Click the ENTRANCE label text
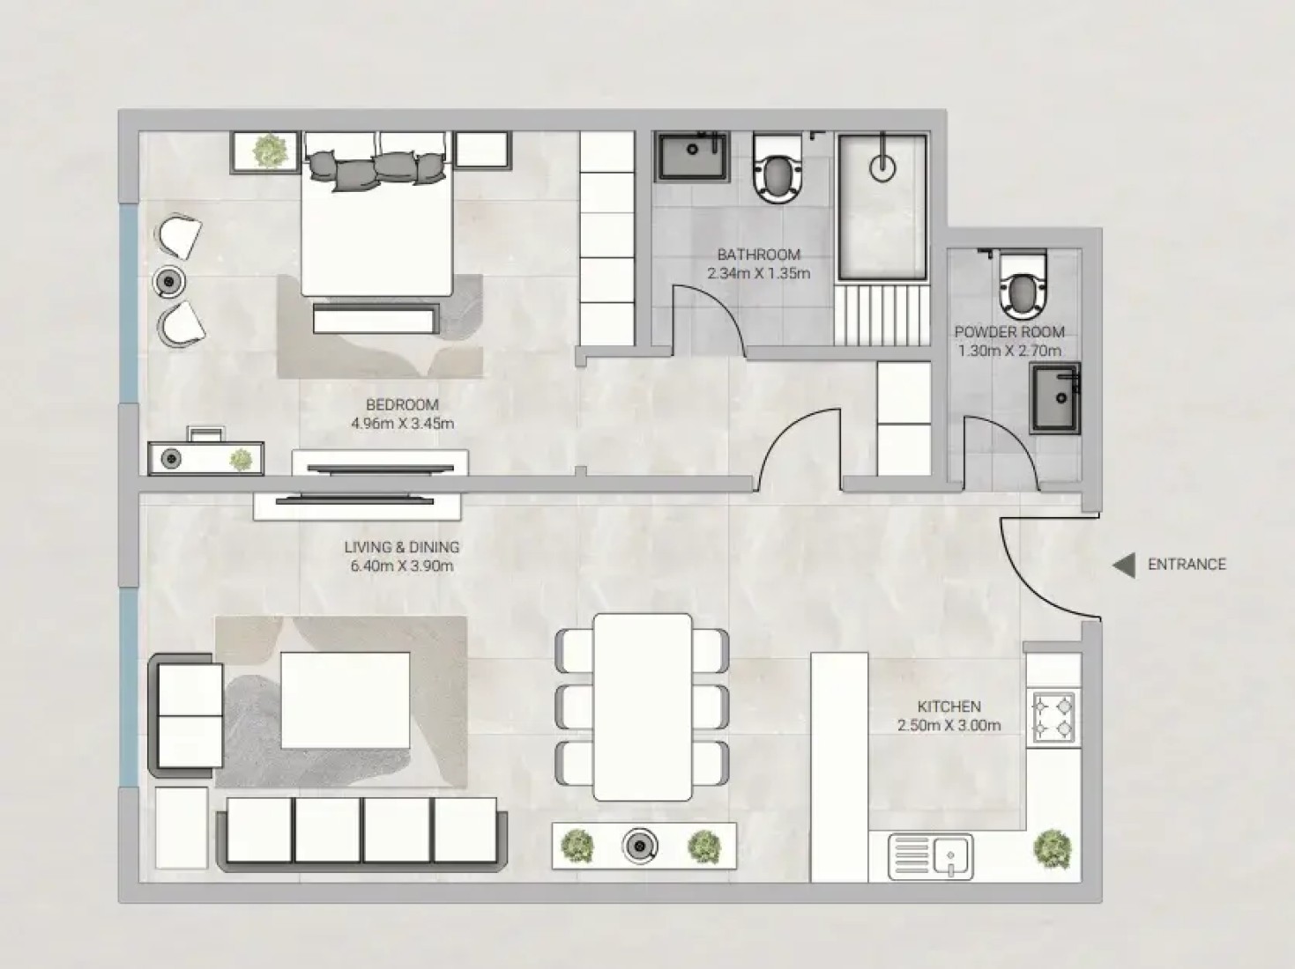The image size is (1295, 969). pos(1187,565)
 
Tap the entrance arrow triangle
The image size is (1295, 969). pos(1124,566)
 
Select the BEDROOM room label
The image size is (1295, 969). pos(402,405)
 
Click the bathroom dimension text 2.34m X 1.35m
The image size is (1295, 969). pos(759,273)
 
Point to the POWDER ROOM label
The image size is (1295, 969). pos(1009,332)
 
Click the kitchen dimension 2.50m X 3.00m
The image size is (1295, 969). pos(949,726)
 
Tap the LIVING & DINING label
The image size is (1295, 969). pos(402,547)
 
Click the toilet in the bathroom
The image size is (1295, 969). pos(778,168)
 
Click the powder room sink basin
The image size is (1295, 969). pos(1055,398)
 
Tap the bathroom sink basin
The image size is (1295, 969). pos(691,157)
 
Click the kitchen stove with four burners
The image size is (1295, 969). pos(1053,717)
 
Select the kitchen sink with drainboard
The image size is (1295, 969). pos(930,856)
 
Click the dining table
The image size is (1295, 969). pos(643,706)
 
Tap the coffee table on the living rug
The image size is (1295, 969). pos(346,700)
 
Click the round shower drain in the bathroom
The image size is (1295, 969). pos(882,167)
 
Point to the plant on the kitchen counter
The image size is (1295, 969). pos(1053,849)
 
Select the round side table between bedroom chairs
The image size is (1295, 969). pos(169,282)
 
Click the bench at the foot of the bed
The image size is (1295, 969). pos(376,320)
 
